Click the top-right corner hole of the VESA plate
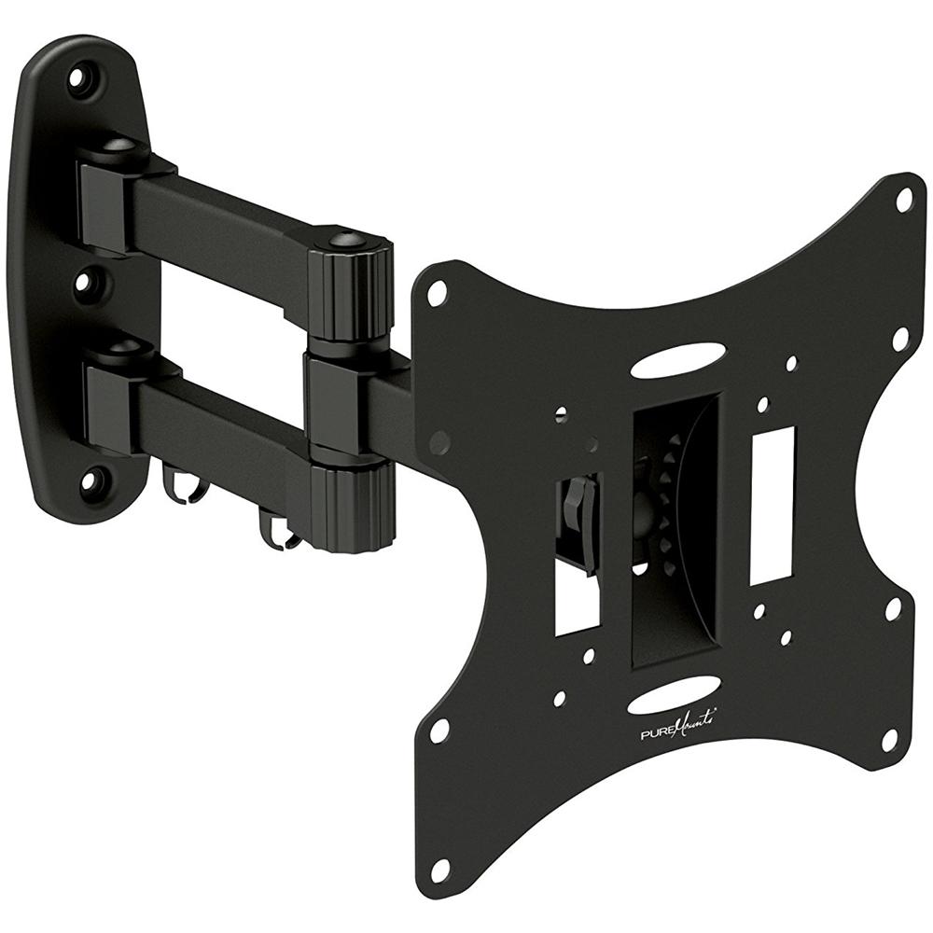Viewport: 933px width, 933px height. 903,198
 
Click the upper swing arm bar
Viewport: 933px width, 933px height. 224,229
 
